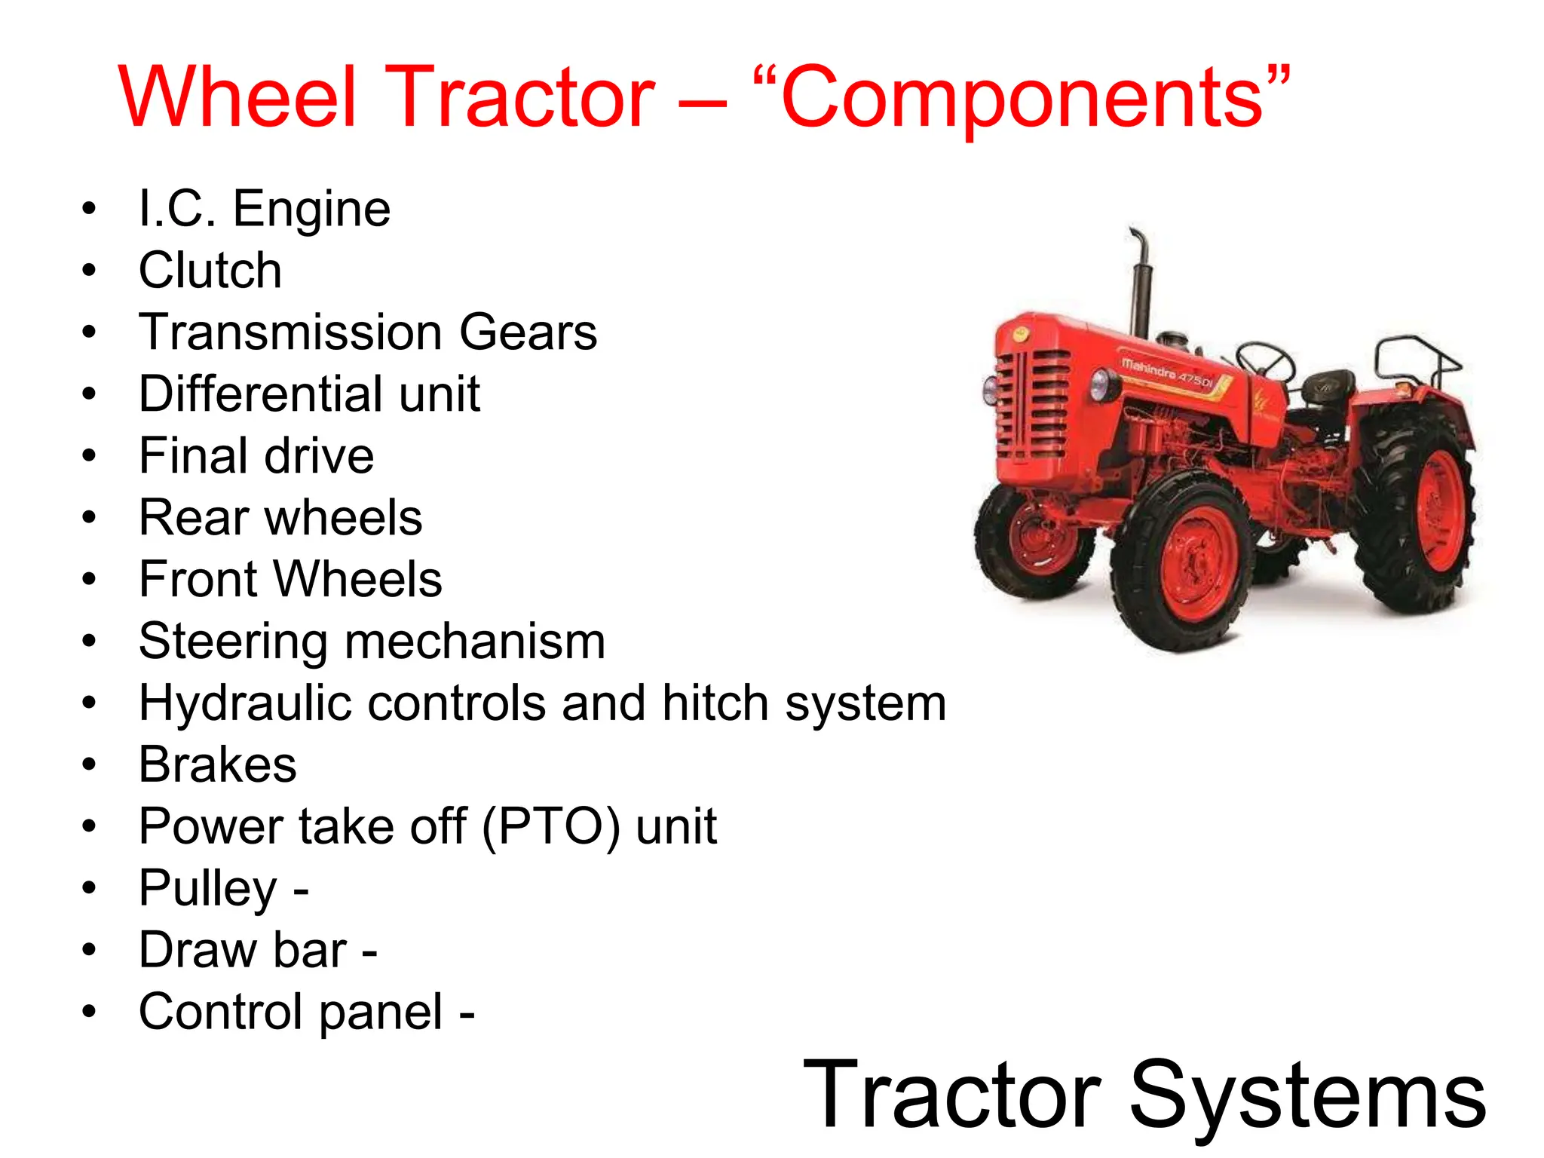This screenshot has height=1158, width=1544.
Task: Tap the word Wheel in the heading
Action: coord(237,98)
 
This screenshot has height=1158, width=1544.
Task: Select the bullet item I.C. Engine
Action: coord(265,209)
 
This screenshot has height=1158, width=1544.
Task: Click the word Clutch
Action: coord(210,271)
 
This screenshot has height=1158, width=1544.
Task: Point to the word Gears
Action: coord(528,332)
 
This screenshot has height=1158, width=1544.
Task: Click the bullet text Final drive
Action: coord(256,456)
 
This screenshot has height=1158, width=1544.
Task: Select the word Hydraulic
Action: coord(246,703)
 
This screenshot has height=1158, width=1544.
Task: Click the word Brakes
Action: coord(218,765)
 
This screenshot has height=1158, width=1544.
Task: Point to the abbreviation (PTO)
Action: coord(551,827)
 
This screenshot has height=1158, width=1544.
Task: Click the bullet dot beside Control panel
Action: coord(89,1012)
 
